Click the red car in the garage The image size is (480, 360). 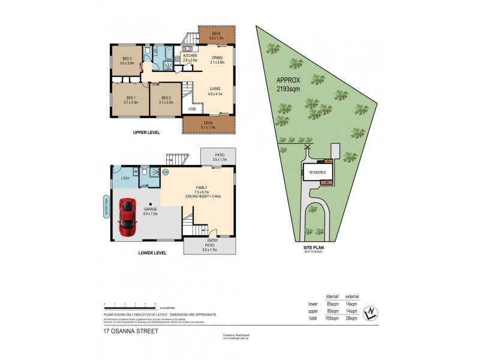(x=127, y=217)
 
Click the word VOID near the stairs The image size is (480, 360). (x=192, y=109)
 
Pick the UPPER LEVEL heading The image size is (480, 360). (x=146, y=132)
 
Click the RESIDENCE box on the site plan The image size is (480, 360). (x=318, y=172)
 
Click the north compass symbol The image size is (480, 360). (x=372, y=311)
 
